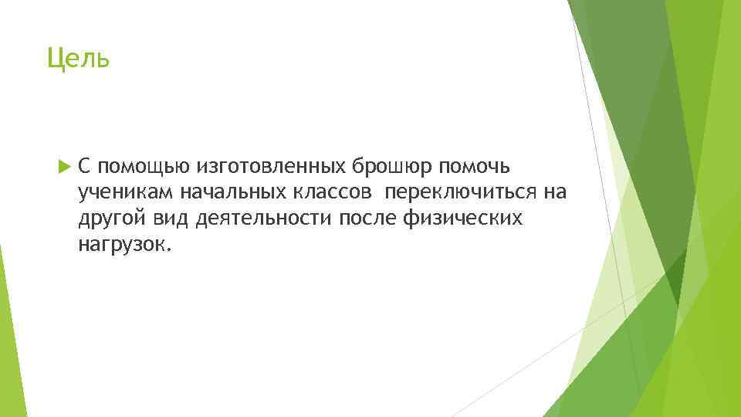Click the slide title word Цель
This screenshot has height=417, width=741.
(79, 58)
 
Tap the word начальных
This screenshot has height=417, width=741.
(223, 193)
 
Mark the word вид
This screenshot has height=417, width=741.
(169, 219)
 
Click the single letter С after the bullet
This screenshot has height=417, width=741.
(85, 167)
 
